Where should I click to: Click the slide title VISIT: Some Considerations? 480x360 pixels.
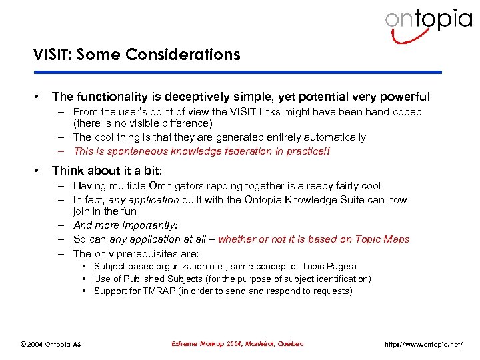click(x=137, y=55)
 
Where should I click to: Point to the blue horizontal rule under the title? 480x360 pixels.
click(x=237, y=72)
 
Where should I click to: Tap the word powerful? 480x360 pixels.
click(x=405, y=97)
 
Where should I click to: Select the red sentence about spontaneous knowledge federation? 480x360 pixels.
click(x=201, y=151)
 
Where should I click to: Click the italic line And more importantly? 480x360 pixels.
click(x=125, y=225)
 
